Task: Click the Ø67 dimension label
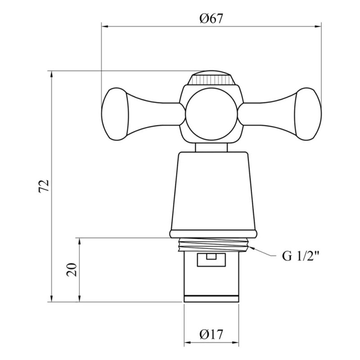pos(211,18)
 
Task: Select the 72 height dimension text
pos(44,186)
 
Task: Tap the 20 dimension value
pos(71,270)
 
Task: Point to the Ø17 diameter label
pos(211,334)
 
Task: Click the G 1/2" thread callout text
pos(301,256)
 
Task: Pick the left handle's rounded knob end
pos(115,114)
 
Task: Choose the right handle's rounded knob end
pos(308,114)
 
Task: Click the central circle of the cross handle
pos(211,114)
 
